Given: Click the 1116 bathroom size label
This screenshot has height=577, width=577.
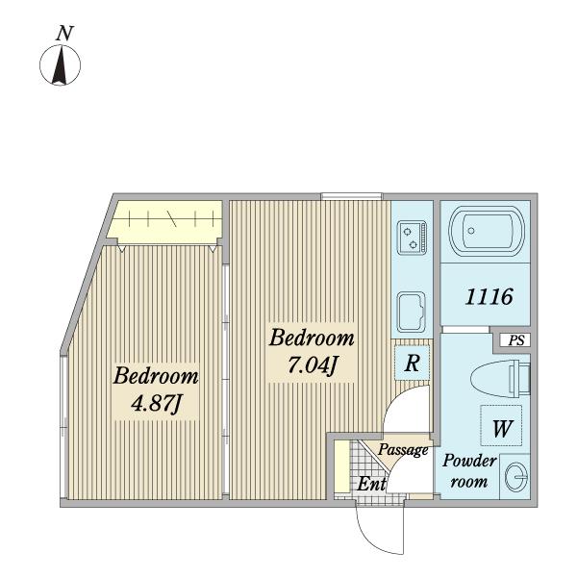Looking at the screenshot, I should click(488, 297).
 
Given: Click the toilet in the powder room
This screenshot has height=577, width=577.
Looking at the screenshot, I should click(502, 377).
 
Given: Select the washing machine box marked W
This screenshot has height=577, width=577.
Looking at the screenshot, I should click(501, 428).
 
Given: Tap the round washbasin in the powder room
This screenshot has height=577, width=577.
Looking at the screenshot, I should click(515, 477).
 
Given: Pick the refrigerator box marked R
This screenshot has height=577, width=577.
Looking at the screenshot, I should click(411, 364).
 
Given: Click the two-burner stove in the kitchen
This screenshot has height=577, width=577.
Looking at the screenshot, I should click(412, 237).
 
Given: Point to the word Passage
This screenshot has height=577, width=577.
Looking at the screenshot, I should click(402, 449).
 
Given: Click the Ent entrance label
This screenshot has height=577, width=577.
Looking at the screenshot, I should click(371, 485).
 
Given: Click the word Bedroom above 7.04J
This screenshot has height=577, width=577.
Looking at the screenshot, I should click(311, 339).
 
